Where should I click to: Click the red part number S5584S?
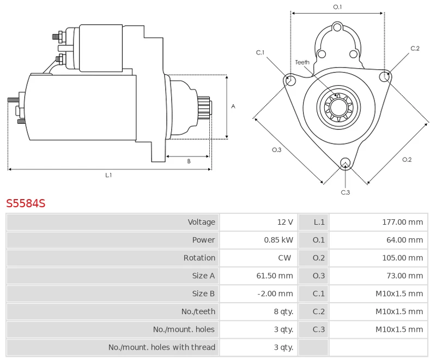[x=26, y=203]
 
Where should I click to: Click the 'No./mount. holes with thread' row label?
[x=161, y=347]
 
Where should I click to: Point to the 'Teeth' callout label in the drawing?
[x=302, y=62]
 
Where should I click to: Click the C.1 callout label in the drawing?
[x=260, y=52]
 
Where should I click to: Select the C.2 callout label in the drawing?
[x=415, y=49]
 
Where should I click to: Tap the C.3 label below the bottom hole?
[x=345, y=192]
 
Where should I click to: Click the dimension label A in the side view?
[x=233, y=106]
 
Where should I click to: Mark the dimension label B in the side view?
[x=189, y=161]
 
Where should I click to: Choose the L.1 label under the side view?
[x=108, y=175]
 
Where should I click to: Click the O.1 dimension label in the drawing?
[x=337, y=7]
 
